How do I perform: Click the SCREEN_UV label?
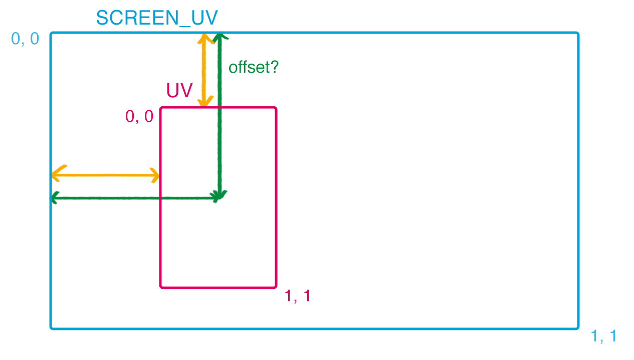click(157, 18)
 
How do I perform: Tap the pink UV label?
click(179, 91)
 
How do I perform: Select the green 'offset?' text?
click(253, 67)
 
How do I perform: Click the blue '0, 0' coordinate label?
click(25, 39)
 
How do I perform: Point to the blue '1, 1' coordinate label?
click(603, 336)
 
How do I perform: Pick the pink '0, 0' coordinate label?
click(139, 116)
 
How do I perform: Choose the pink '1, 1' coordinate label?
click(297, 296)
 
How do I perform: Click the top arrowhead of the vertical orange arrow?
click(203, 36)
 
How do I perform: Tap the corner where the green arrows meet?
click(219, 198)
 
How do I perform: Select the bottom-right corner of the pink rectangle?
click(276, 287)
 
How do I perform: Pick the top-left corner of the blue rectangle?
click(52, 34)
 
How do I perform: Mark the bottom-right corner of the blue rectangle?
click(578, 328)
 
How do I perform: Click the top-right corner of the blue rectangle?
click(578, 34)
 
